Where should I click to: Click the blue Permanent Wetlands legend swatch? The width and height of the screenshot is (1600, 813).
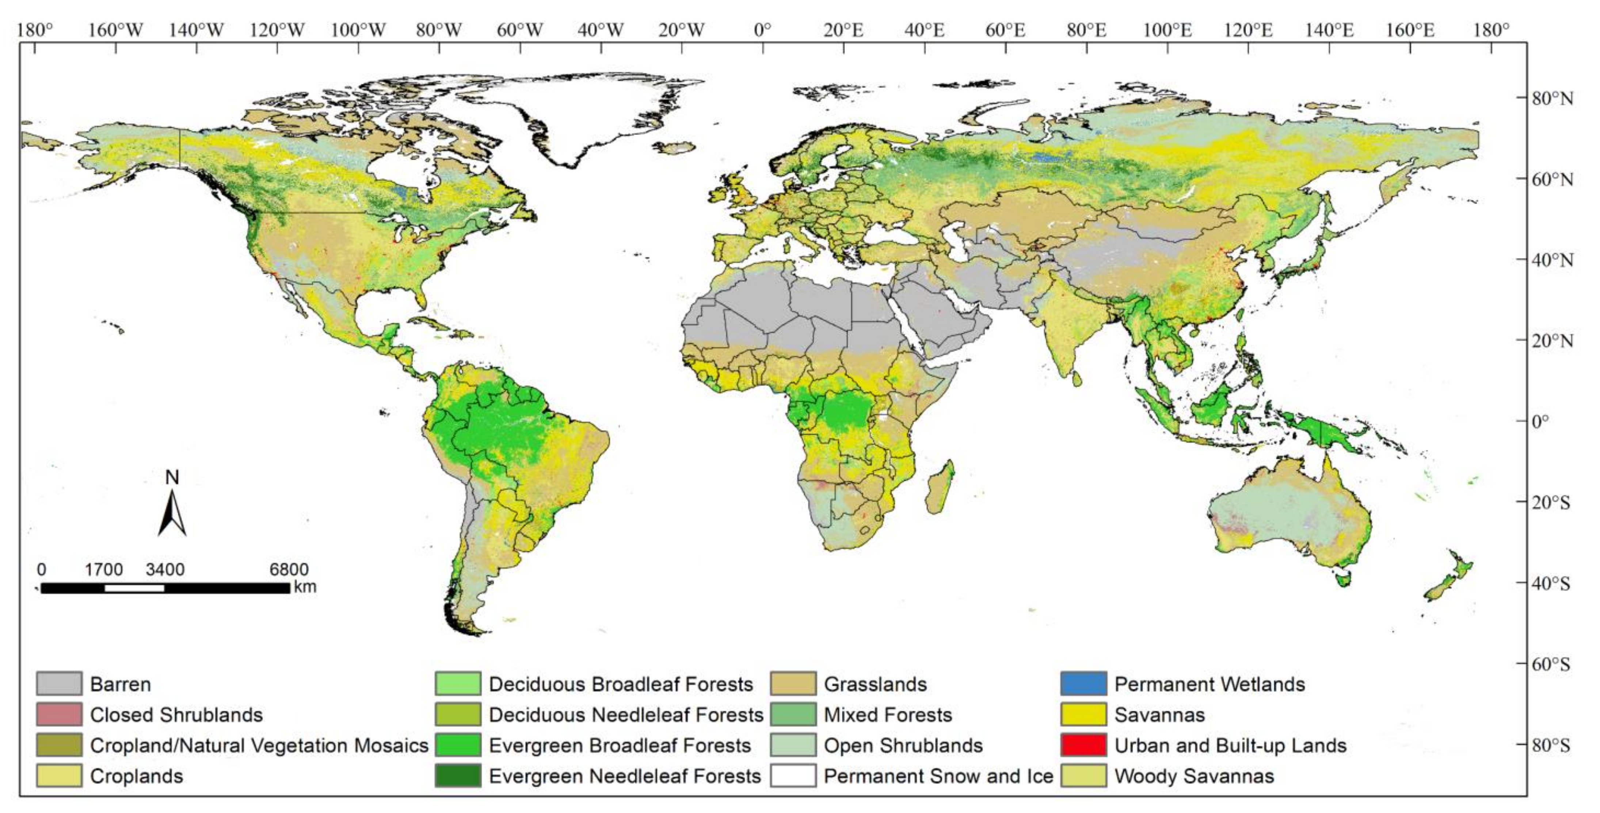pyautogui.click(x=1083, y=684)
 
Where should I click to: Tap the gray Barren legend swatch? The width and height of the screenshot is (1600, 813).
pyautogui.click(x=59, y=684)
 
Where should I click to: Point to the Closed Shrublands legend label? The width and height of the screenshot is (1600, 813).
pyautogui.click(x=176, y=715)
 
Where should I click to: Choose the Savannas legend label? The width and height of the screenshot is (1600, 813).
pyautogui.click(x=1159, y=715)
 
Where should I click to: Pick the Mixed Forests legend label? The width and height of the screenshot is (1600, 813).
pyautogui.click(x=888, y=715)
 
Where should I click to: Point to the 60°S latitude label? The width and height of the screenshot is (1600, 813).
pyautogui.click(x=1551, y=664)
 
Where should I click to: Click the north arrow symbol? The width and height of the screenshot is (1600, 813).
pyautogui.click(x=172, y=514)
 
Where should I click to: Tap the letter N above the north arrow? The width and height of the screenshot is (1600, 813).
pyautogui.click(x=172, y=477)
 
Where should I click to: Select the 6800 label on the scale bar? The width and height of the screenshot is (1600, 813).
pyautogui.click(x=289, y=569)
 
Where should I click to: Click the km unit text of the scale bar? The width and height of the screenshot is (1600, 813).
pyautogui.click(x=305, y=586)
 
